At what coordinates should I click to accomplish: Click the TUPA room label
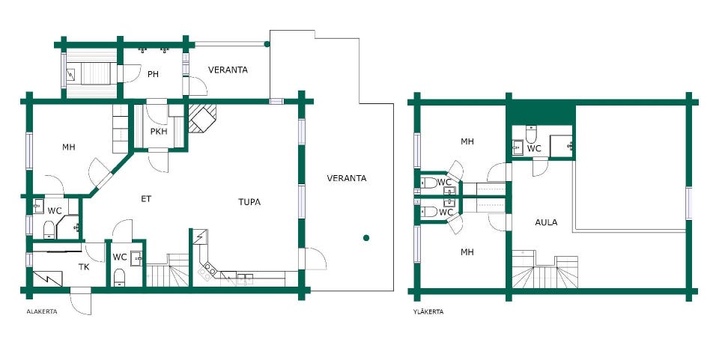(249, 202)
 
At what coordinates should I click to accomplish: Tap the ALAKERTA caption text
(42, 311)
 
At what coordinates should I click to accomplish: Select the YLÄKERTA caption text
(428, 312)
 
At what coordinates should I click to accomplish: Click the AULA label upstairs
(546, 222)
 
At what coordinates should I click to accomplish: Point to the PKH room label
(159, 132)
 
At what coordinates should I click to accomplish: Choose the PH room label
(153, 74)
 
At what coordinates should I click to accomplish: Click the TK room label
(83, 267)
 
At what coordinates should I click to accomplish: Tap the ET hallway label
(146, 199)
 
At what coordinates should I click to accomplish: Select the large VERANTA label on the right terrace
(347, 178)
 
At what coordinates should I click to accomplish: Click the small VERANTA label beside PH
(228, 70)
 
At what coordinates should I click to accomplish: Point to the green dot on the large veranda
(366, 238)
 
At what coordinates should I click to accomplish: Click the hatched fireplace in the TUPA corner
(202, 118)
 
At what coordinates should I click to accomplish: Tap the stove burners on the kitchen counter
(207, 271)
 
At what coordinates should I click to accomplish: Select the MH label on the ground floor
(69, 147)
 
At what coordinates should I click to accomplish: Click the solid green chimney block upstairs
(541, 113)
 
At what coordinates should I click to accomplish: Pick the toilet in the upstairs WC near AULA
(531, 134)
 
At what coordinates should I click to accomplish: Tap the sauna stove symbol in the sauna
(72, 74)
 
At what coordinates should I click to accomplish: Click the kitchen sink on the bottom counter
(245, 278)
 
